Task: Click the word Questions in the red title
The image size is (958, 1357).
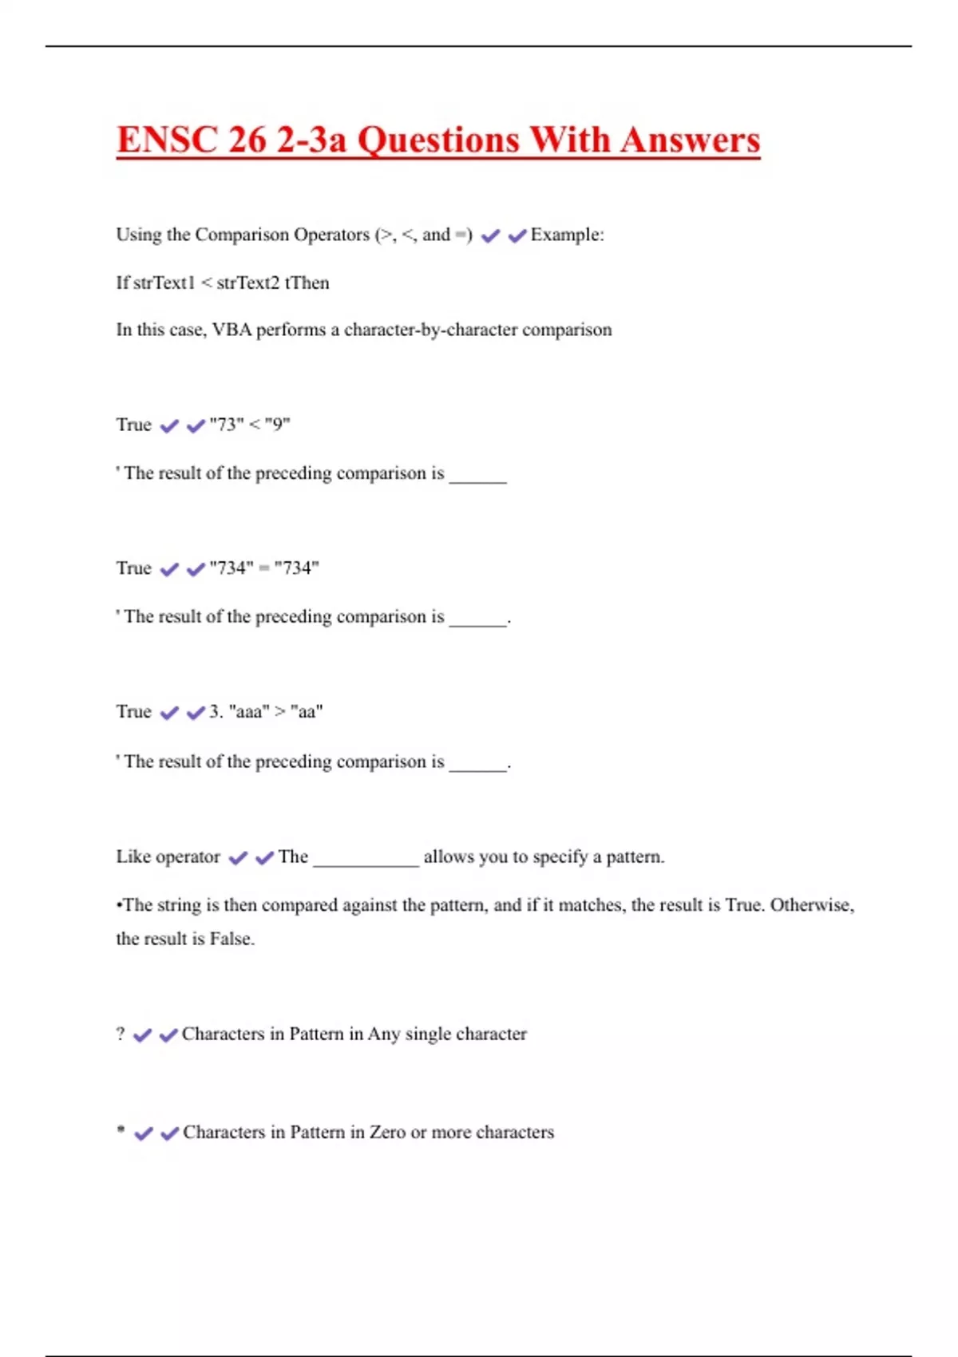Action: (439, 140)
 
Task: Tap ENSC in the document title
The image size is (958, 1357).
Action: (167, 140)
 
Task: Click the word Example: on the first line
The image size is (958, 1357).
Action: (567, 235)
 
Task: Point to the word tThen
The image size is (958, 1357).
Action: (307, 283)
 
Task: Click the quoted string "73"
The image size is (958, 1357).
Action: (226, 425)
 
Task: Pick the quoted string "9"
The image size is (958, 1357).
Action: (277, 425)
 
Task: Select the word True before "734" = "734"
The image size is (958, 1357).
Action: (133, 568)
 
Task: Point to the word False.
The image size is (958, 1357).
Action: (232, 939)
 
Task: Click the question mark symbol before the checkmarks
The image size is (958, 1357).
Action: (121, 1034)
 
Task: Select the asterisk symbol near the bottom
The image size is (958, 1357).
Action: (121, 1130)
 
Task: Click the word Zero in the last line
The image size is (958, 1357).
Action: (387, 1132)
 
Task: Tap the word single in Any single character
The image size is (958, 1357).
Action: (432, 1035)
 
